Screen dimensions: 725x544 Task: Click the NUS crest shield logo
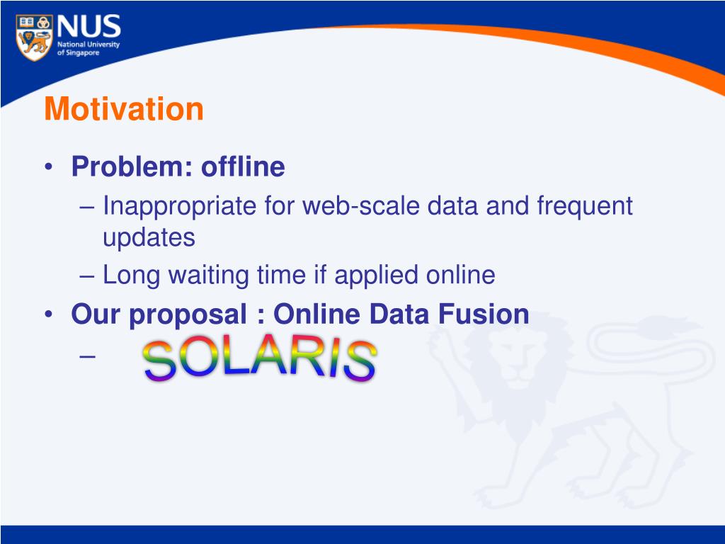34,38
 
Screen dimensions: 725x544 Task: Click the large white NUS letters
89,26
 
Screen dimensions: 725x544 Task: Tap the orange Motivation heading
124,109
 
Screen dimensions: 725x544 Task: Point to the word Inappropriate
179,206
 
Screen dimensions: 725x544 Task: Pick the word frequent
585,206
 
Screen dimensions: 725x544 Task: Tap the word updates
149,239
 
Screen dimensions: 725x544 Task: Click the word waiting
209,276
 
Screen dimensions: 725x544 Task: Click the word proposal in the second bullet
188,315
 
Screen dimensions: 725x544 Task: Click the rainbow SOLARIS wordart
260,359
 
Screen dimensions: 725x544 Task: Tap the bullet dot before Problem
49,167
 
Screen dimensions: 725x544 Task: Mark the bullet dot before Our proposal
49,314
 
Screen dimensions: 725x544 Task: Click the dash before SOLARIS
87,357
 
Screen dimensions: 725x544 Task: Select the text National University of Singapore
89,49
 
